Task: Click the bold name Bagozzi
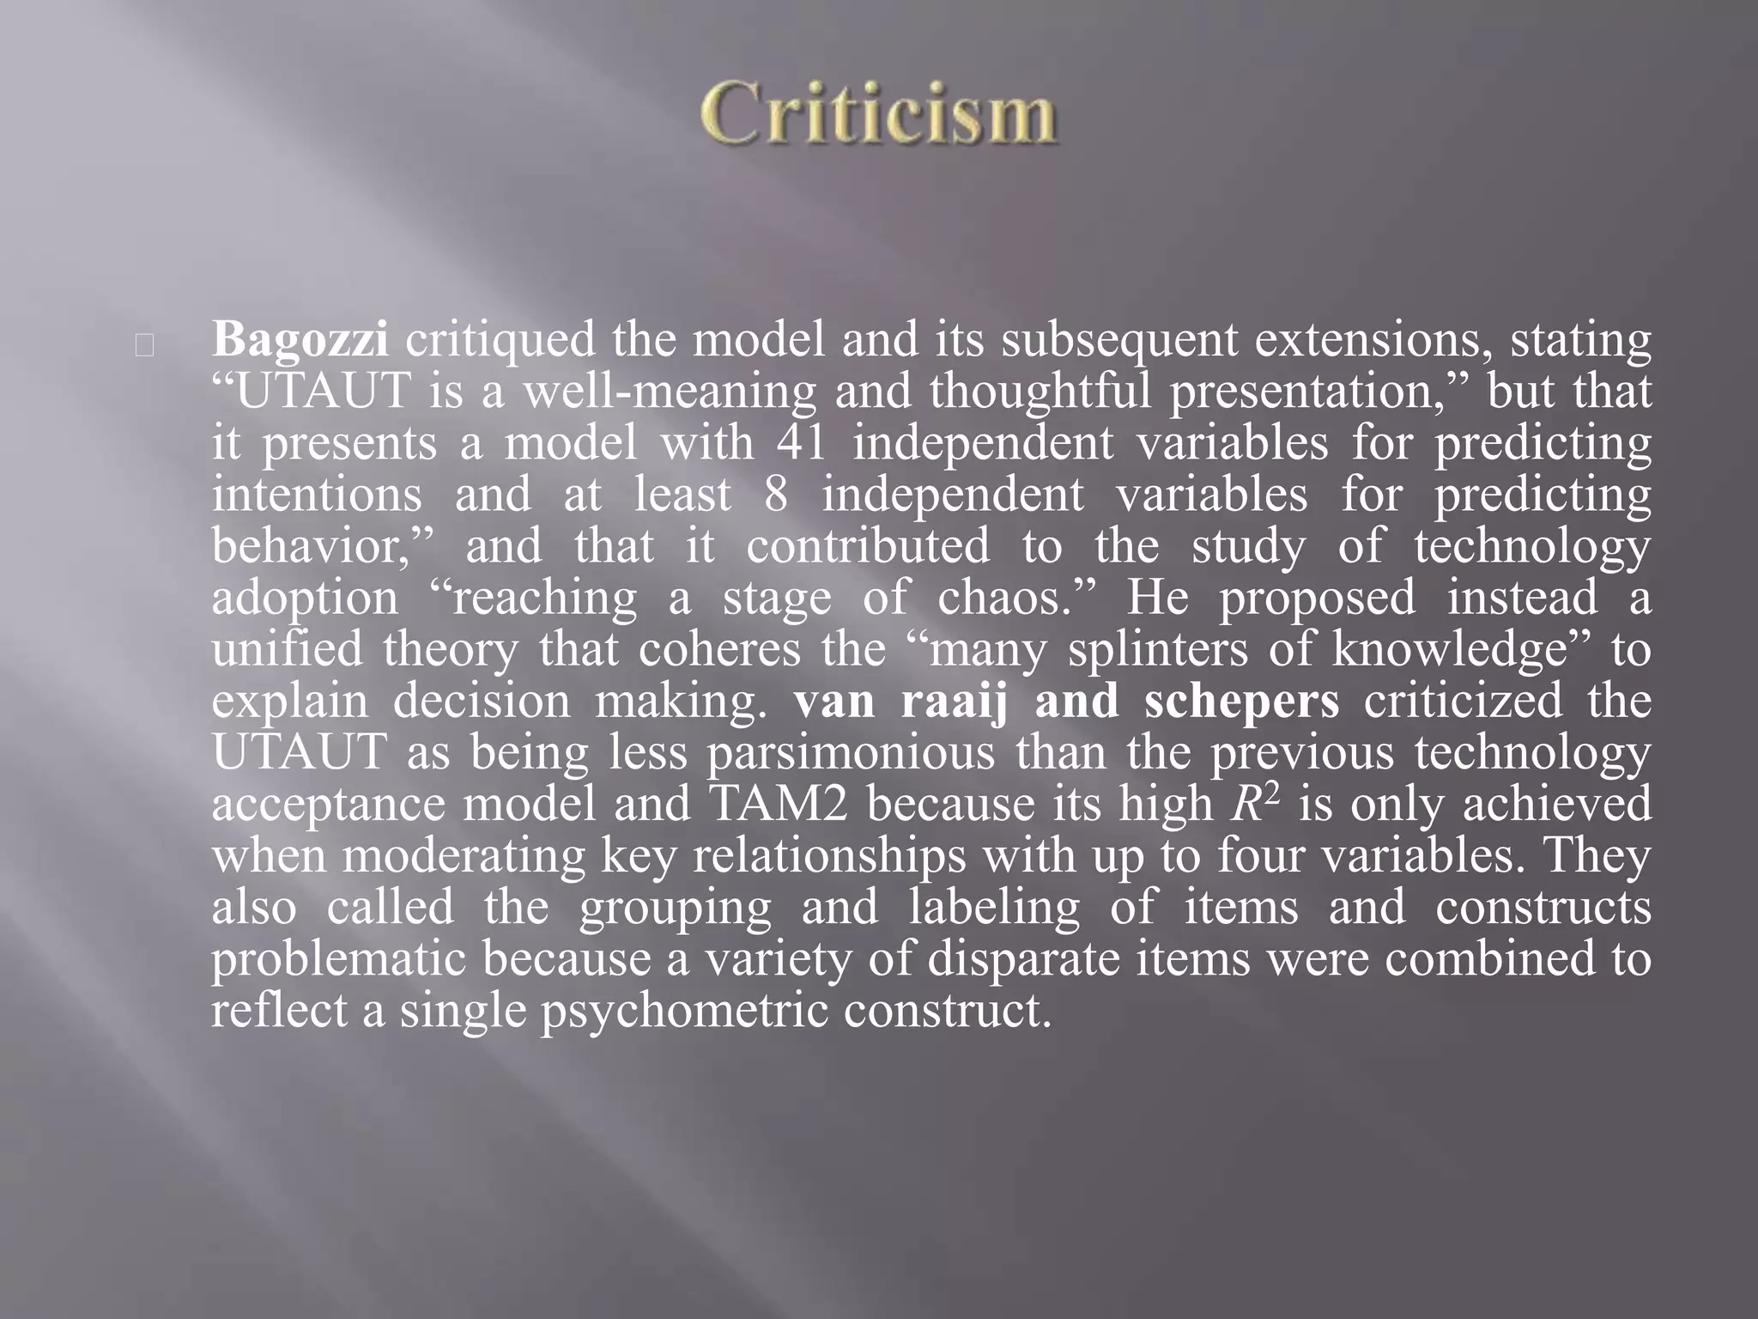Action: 300,341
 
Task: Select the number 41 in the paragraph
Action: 802,444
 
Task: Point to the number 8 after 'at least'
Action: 774,495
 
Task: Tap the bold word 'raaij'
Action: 956,702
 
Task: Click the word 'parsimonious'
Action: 851,753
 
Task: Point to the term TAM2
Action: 777,805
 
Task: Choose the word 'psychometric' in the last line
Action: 682,1011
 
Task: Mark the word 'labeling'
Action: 995,908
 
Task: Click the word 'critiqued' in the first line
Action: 500,341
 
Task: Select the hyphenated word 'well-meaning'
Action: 670,392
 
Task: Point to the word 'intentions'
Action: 317,495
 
